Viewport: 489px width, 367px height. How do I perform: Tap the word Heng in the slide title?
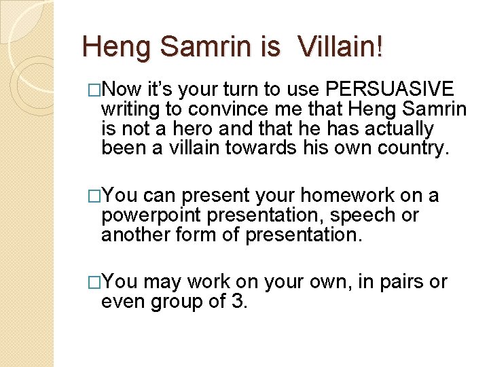point(111,47)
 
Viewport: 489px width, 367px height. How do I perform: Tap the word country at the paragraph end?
point(412,148)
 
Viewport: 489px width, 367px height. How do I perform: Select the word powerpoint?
point(150,215)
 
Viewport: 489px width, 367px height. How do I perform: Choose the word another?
point(137,234)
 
